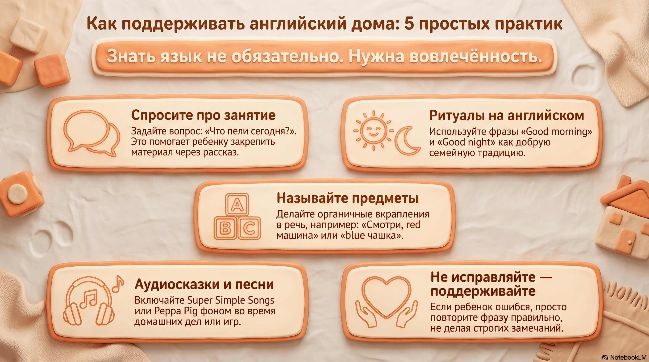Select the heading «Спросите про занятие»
coord(203,115)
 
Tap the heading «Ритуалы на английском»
coord(506,115)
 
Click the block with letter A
coord(237,205)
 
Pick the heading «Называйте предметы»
coord(347,198)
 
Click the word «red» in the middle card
coord(413,225)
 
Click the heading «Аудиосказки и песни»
coord(204,284)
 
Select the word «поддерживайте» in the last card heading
coord(483,291)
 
